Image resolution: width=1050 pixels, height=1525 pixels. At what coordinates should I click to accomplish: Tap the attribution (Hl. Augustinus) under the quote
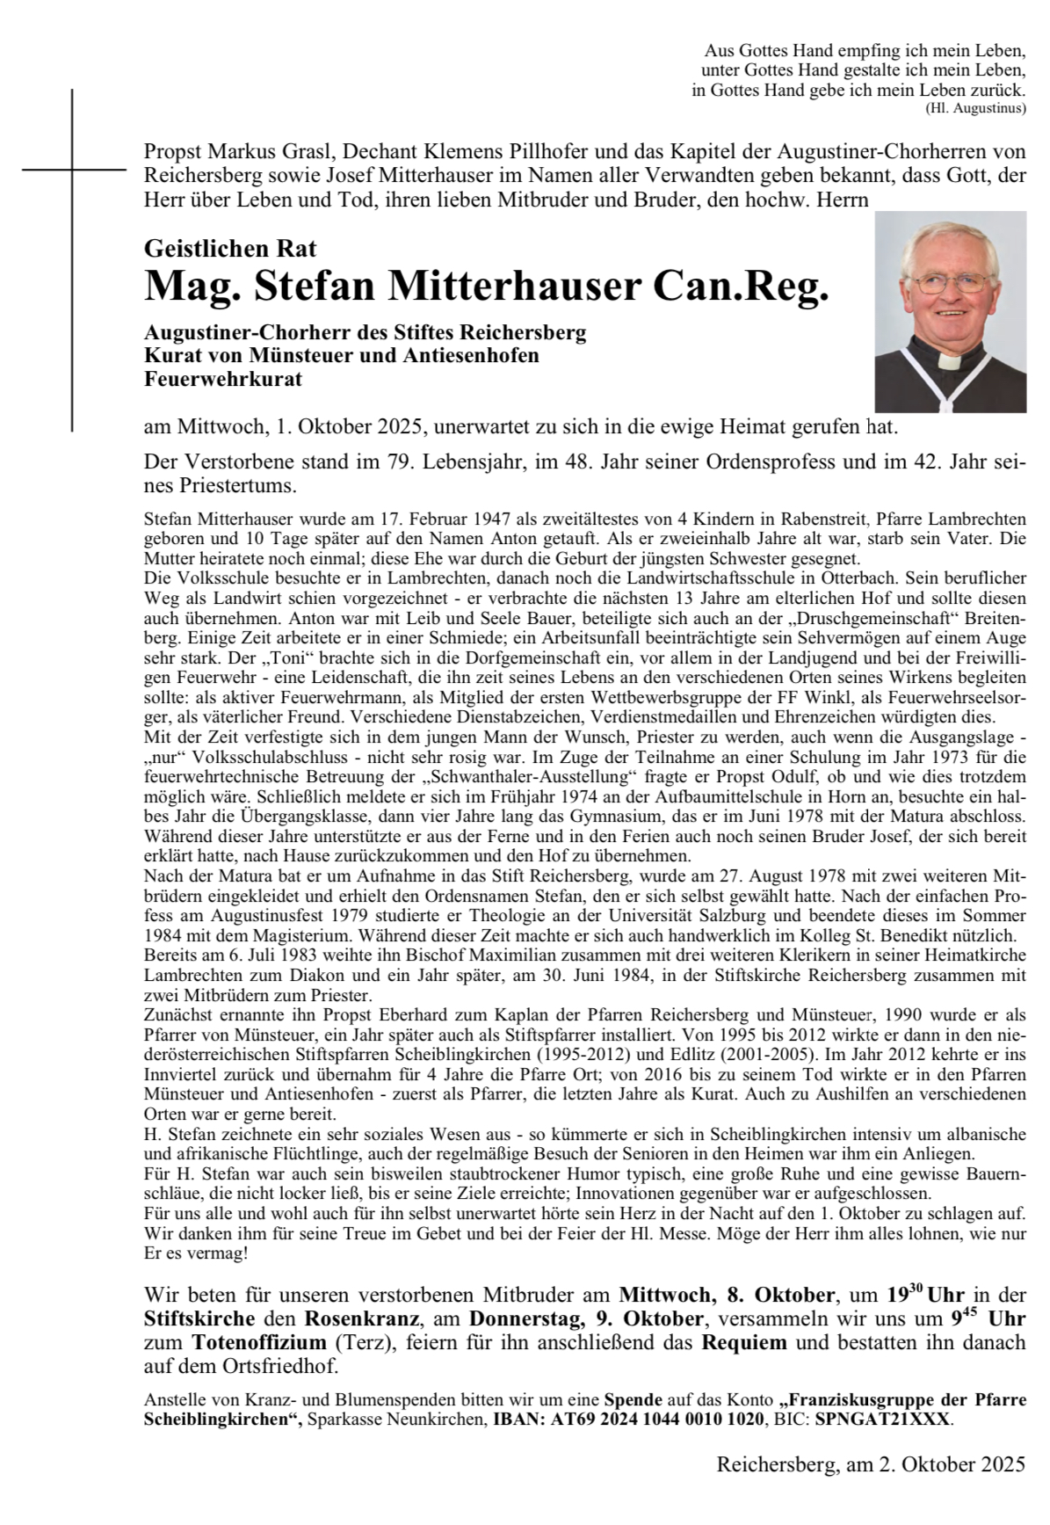coord(975,109)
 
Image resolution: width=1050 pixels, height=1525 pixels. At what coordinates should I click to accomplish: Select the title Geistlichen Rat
coord(230,249)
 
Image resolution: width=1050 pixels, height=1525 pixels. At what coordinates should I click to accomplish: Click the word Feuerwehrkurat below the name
coord(223,380)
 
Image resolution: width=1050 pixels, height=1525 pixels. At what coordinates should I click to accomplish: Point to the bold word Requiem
coord(744,1343)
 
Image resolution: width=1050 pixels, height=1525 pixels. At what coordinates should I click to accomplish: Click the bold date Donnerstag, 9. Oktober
coord(586,1319)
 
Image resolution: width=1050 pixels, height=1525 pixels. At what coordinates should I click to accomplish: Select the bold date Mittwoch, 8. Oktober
coord(727,1296)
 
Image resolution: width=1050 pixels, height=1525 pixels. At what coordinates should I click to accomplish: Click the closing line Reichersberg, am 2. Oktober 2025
coord(871,1464)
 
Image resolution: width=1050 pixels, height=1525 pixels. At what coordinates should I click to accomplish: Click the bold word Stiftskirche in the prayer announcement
coord(199,1319)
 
